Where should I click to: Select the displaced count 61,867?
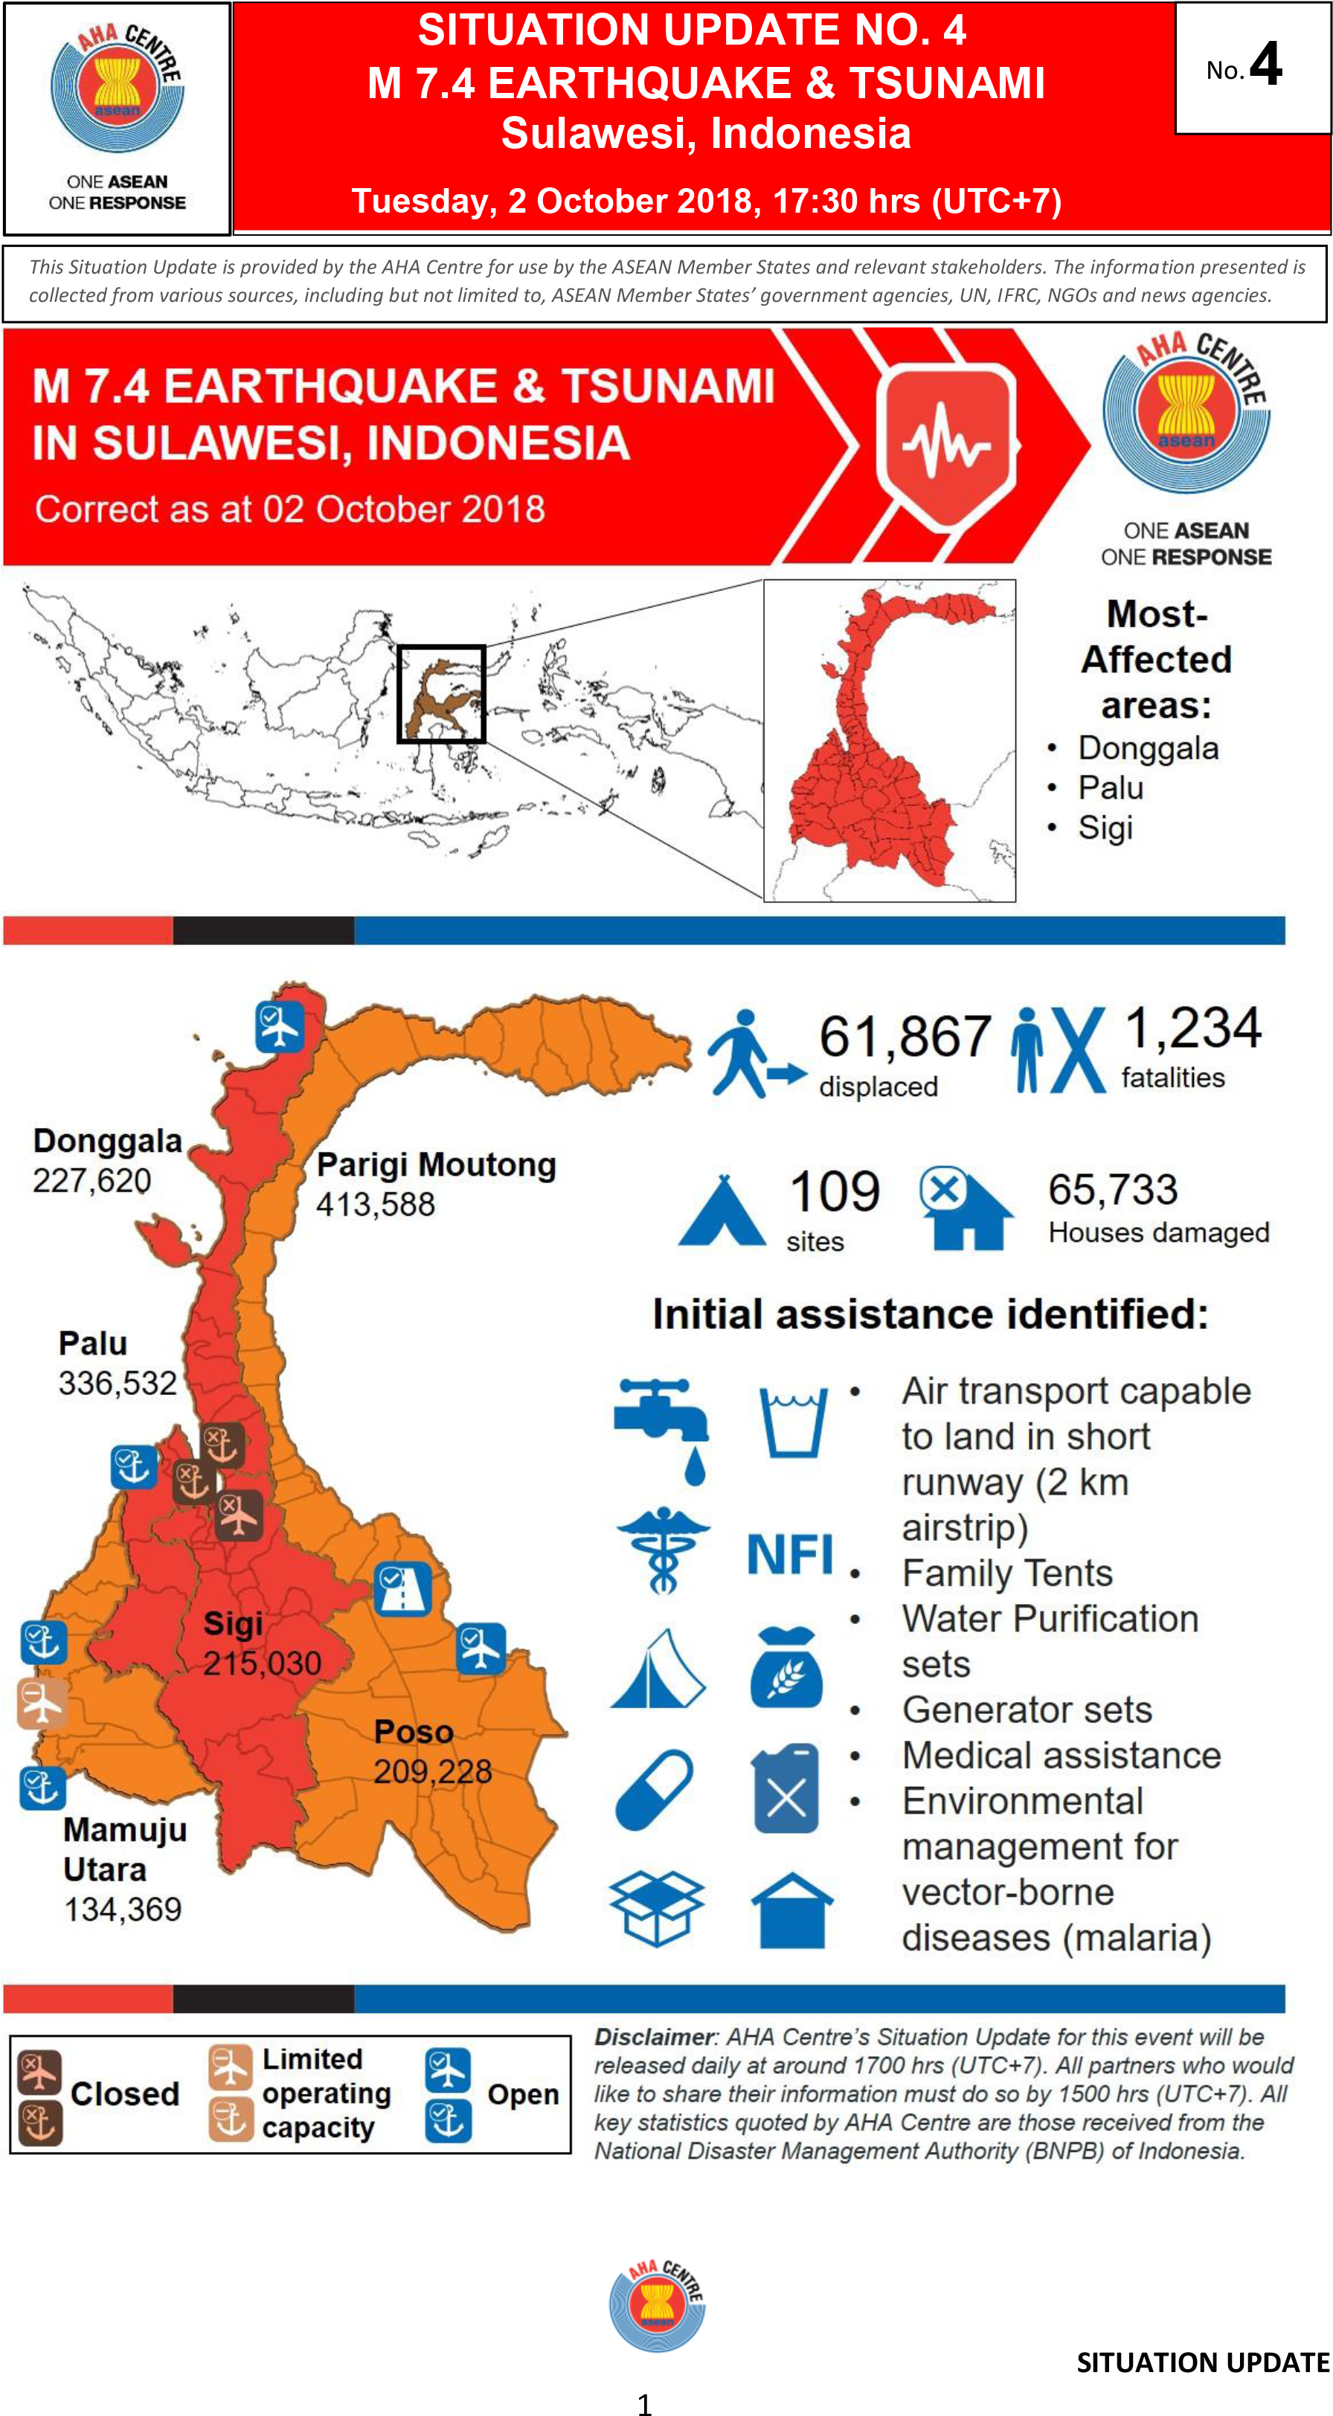tap(905, 1037)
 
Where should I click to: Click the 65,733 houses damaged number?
tap(1113, 1189)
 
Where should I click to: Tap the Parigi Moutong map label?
tap(436, 1164)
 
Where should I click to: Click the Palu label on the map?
tap(93, 1343)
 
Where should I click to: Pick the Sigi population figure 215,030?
tap(262, 1663)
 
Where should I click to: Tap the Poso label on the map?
tap(414, 1731)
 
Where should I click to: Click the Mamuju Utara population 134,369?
tap(123, 1909)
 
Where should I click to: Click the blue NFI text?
tap(790, 1554)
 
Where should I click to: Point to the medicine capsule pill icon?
tap(655, 1789)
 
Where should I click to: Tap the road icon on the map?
tap(402, 1589)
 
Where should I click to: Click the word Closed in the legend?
tap(125, 2093)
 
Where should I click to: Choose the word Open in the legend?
tap(522, 2094)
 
